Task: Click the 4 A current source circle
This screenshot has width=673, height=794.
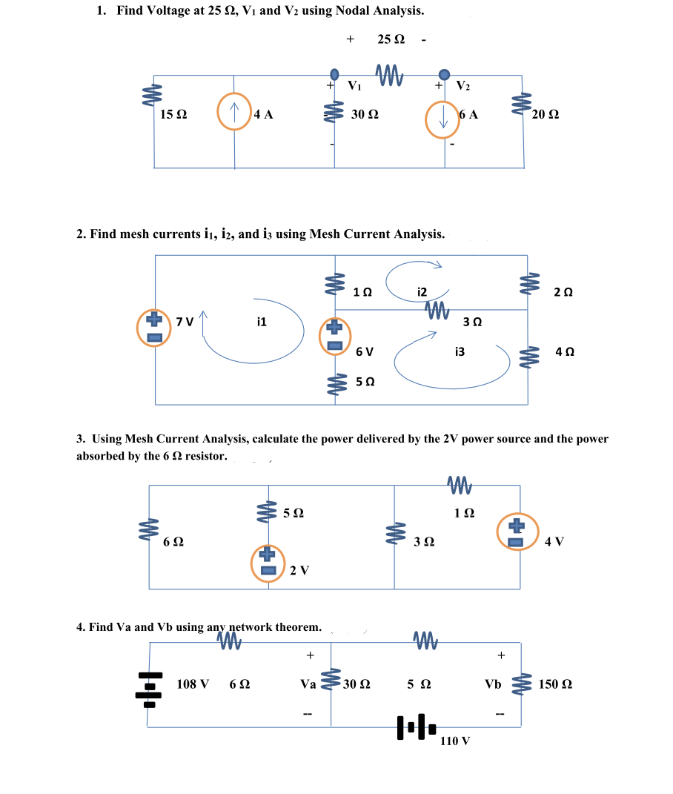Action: [234, 113]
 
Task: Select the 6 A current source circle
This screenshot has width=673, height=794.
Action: [442, 119]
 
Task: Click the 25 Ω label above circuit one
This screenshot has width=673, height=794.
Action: [390, 38]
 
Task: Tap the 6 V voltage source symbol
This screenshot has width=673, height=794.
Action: [334, 335]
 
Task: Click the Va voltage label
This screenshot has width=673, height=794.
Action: [308, 684]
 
